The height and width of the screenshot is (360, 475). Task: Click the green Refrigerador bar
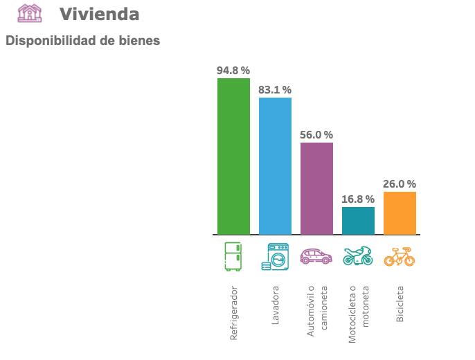pos(233,156)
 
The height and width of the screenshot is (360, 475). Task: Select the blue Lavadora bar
pos(275,166)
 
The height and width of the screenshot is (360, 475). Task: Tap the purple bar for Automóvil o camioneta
pos(316,188)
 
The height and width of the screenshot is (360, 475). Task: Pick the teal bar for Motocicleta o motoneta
pos(358,221)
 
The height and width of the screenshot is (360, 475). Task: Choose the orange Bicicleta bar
pos(400,213)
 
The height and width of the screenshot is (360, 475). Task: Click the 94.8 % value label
pos(233,71)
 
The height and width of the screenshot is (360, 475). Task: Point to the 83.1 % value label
pos(275,90)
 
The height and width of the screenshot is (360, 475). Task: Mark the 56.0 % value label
pos(316,135)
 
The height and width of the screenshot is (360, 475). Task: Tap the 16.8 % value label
pos(358,199)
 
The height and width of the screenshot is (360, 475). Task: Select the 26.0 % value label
pos(400,184)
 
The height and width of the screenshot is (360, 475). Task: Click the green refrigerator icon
pos(233,256)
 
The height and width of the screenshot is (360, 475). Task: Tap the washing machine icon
pos(275,256)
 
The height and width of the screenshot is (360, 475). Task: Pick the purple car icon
pos(316,256)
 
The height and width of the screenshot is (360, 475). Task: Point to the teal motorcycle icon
pos(358,256)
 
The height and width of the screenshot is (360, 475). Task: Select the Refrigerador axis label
pos(233,312)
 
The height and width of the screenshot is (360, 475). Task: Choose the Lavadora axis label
pos(275,305)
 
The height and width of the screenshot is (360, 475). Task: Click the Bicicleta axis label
pos(400,304)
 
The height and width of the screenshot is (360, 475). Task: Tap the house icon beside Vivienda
pos(30,13)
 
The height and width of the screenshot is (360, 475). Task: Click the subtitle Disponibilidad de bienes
pos(82,41)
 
